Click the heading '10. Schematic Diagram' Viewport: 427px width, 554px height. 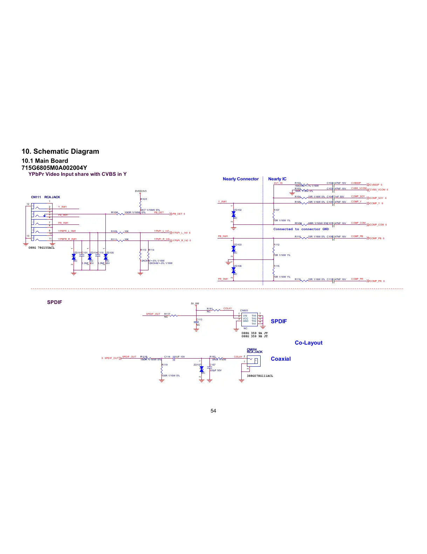click(60, 152)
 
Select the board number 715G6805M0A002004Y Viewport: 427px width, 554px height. click(54, 168)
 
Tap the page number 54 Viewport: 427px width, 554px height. click(213, 411)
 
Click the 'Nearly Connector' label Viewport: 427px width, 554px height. click(241, 179)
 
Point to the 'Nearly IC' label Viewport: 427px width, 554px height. click(277, 179)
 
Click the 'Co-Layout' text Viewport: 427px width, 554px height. click(308, 343)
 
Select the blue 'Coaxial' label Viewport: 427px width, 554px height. click(281, 359)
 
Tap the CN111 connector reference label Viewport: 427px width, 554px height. click(36, 197)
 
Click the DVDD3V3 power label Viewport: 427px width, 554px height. click(140, 191)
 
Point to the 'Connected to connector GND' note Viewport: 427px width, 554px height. click(301, 229)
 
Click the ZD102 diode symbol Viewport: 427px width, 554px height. click(234, 214)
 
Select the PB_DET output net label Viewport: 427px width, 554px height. click(179, 214)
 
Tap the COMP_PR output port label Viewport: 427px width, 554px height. click(377, 281)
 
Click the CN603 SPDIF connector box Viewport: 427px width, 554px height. click(249, 319)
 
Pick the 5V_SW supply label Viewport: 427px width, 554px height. click(195, 304)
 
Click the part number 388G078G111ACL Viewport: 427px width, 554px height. click(260, 376)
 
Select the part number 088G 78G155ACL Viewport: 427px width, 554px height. click(41, 248)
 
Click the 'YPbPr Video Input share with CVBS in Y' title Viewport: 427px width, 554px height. click(77, 174)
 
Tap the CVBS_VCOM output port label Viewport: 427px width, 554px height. click(379, 190)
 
